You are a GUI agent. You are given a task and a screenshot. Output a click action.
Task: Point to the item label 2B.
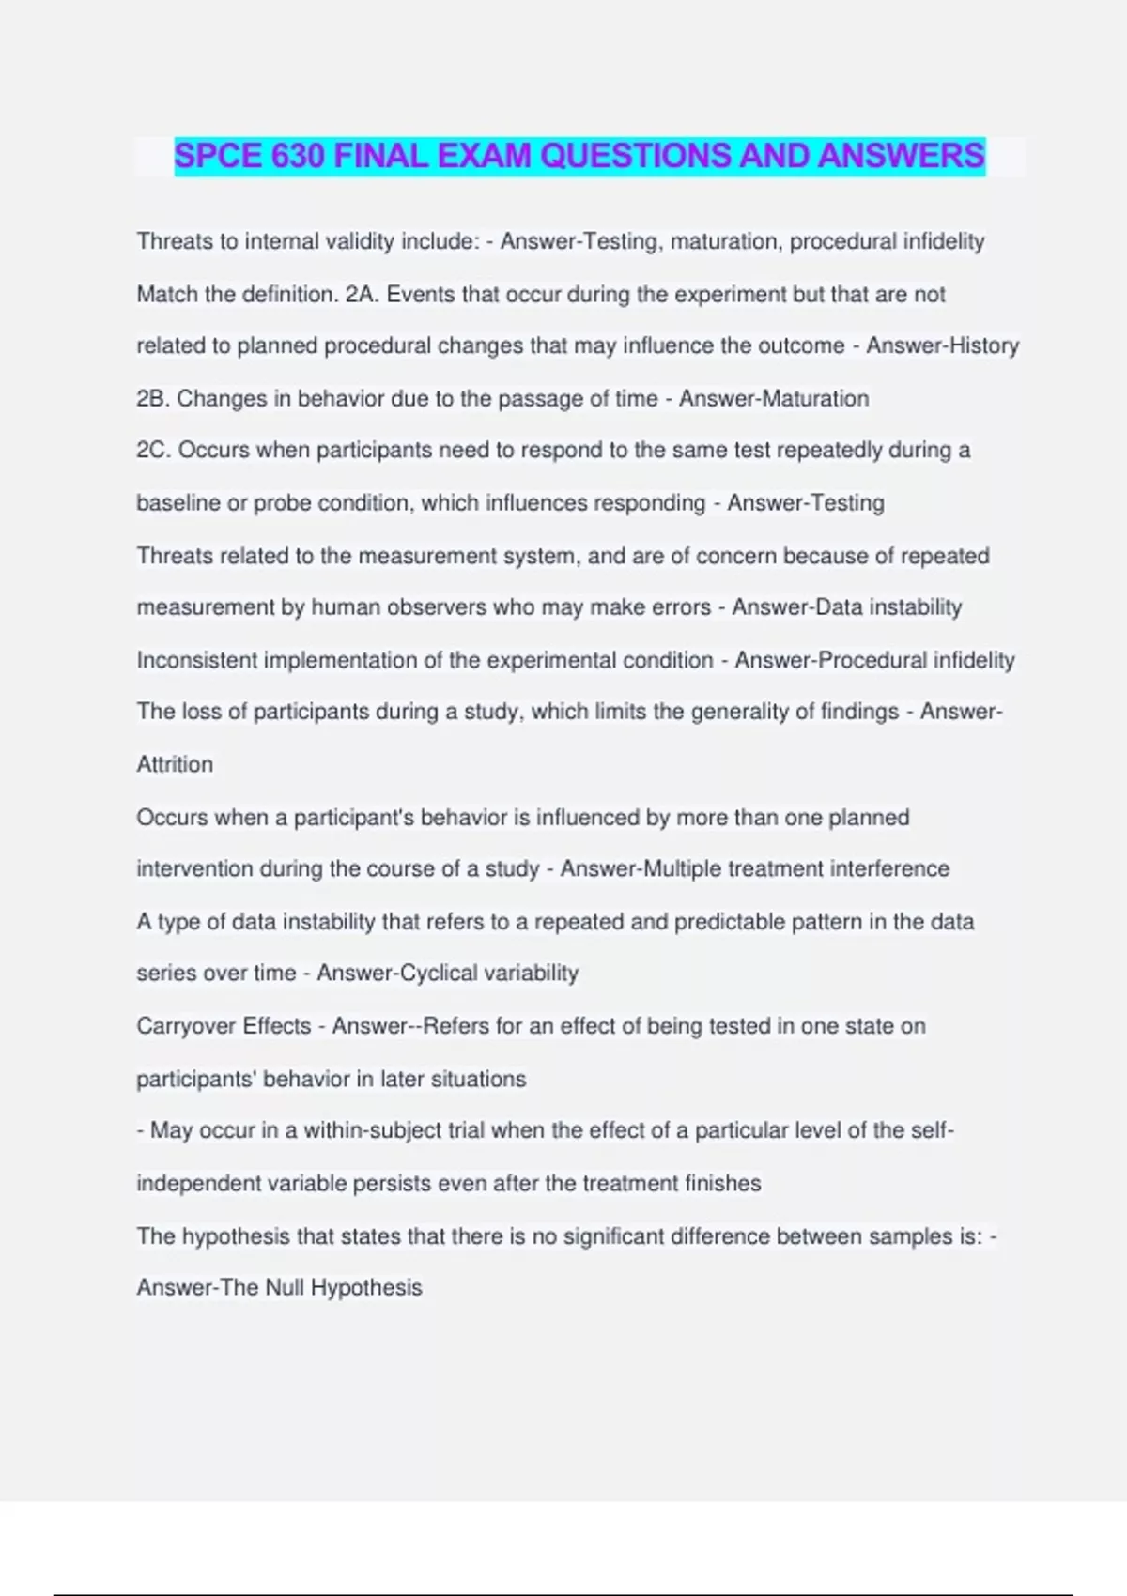(x=152, y=399)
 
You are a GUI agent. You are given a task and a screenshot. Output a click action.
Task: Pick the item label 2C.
(x=152, y=451)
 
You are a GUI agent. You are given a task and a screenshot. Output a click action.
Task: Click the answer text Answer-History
(x=942, y=346)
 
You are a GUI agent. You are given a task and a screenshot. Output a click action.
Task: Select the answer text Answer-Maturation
(x=774, y=399)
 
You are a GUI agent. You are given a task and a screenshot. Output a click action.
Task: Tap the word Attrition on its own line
(x=175, y=764)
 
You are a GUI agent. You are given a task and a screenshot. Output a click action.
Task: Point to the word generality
(x=740, y=712)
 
